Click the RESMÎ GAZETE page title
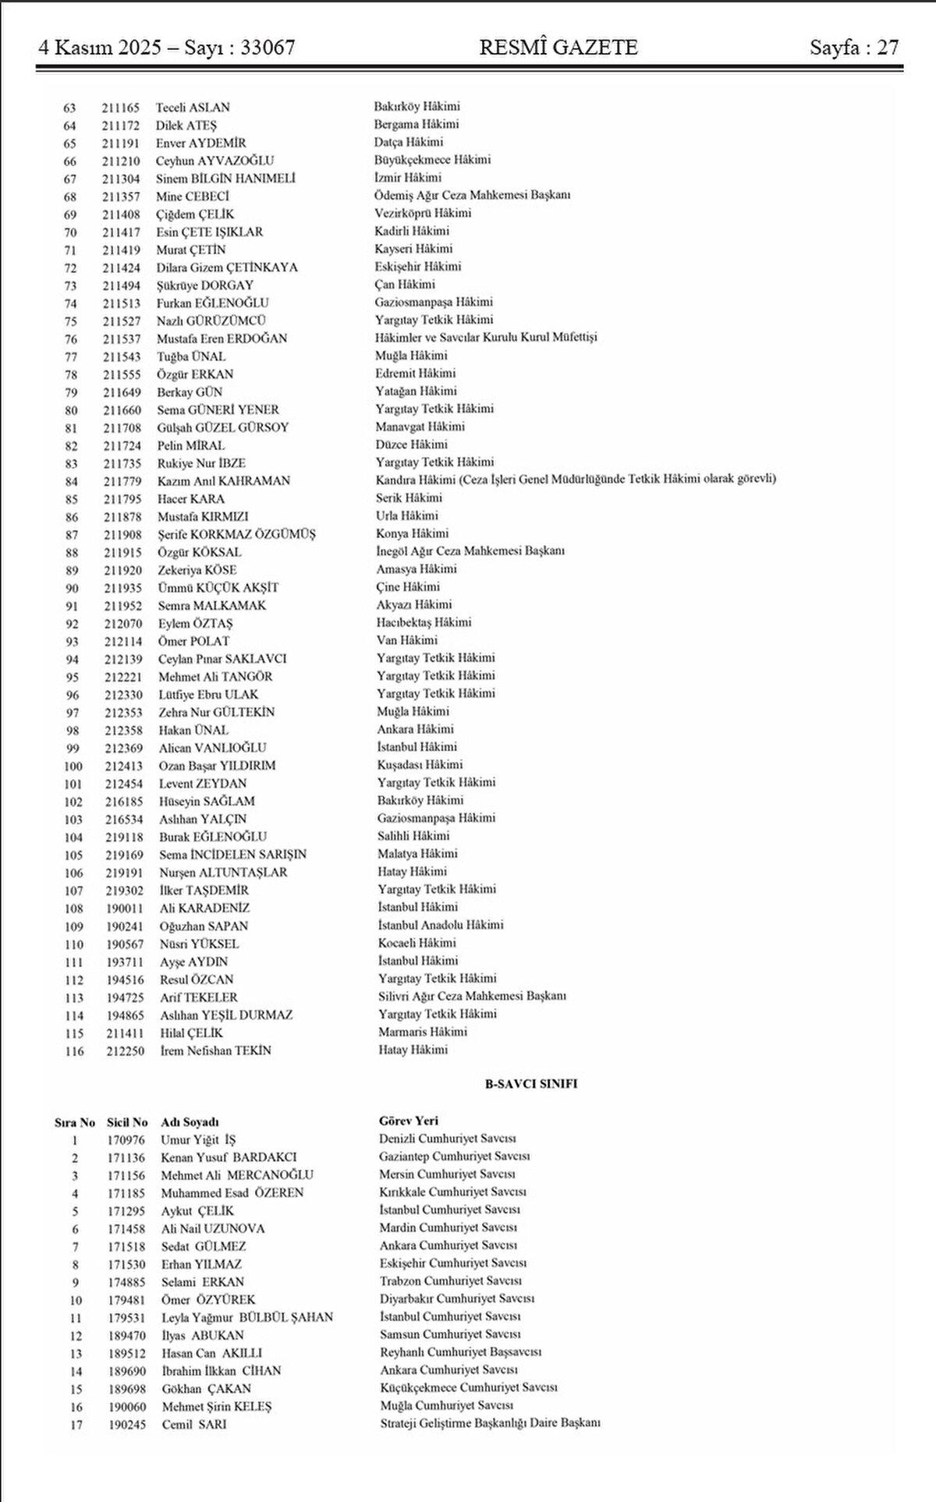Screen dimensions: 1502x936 (558, 48)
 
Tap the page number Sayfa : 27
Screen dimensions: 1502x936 (854, 48)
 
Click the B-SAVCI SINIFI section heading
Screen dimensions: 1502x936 (530, 1083)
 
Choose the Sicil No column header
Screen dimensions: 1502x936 (127, 1122)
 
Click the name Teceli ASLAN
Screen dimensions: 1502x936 (193, 108)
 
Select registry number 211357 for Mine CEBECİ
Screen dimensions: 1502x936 (121, 197)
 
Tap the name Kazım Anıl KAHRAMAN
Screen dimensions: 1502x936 (223, 481)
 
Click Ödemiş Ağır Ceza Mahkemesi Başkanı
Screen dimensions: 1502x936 (472, 195)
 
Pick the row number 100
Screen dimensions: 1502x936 (73, 766)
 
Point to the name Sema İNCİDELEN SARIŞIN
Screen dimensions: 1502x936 (232, 855)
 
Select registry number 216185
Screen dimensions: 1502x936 (125, 801)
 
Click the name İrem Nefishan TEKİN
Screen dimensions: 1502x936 (215, 1050)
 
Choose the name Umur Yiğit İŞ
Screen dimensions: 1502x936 (197, 1139)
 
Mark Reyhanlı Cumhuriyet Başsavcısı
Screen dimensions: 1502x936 (460, 1352)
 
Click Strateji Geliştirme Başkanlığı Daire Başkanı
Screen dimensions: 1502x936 (490, 1423)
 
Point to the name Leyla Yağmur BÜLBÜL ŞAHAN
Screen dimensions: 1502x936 (247, 1317)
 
